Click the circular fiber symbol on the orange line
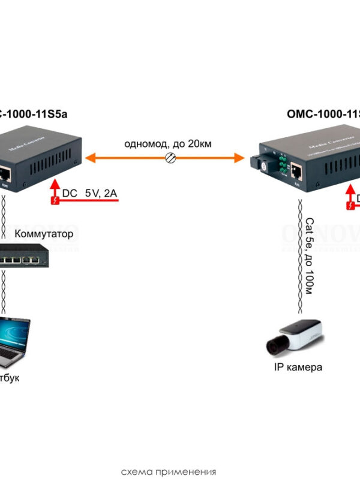(170, 158)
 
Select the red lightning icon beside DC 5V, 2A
(56, 201)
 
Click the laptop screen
(13, 333)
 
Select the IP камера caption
(298, 367)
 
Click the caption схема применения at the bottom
(168, 471)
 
